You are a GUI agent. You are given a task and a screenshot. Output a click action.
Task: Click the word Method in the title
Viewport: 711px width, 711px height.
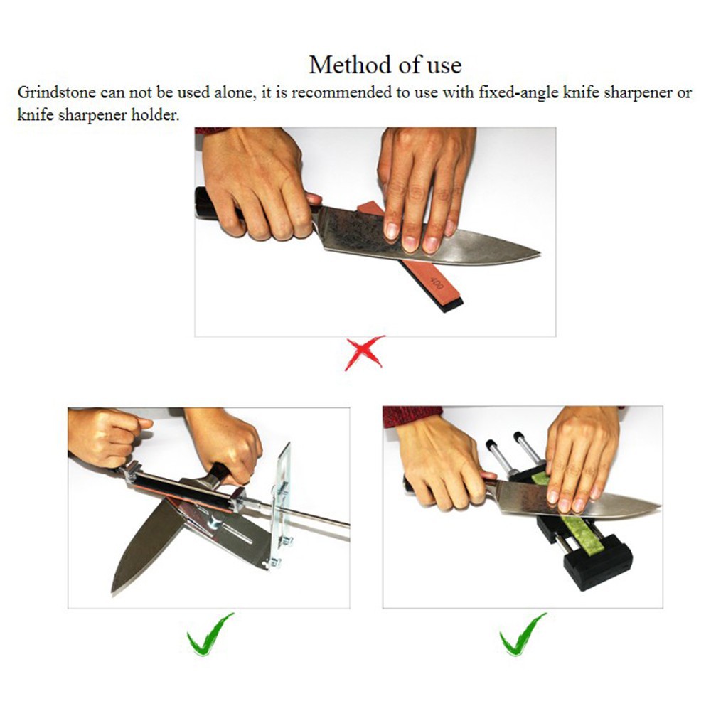(x=353, y=65)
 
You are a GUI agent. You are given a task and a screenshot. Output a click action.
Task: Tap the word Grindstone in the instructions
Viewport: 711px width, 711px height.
(x=57, y=92)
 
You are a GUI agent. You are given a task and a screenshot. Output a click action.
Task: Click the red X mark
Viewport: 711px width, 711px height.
(x=365, y=353)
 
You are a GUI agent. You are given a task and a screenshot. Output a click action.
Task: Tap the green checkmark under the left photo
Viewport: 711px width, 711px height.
(x=210, y=634)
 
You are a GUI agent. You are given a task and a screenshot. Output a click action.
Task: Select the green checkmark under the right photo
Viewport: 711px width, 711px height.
(x=523, y=634)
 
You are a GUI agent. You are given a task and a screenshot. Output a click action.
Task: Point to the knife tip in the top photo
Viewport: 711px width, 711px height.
(x=539, y=252)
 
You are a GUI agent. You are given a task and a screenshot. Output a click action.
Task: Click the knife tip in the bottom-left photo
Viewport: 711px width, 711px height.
(x=113, y=592)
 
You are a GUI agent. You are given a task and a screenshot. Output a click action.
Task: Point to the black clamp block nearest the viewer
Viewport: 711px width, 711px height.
(x=598, y=562)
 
